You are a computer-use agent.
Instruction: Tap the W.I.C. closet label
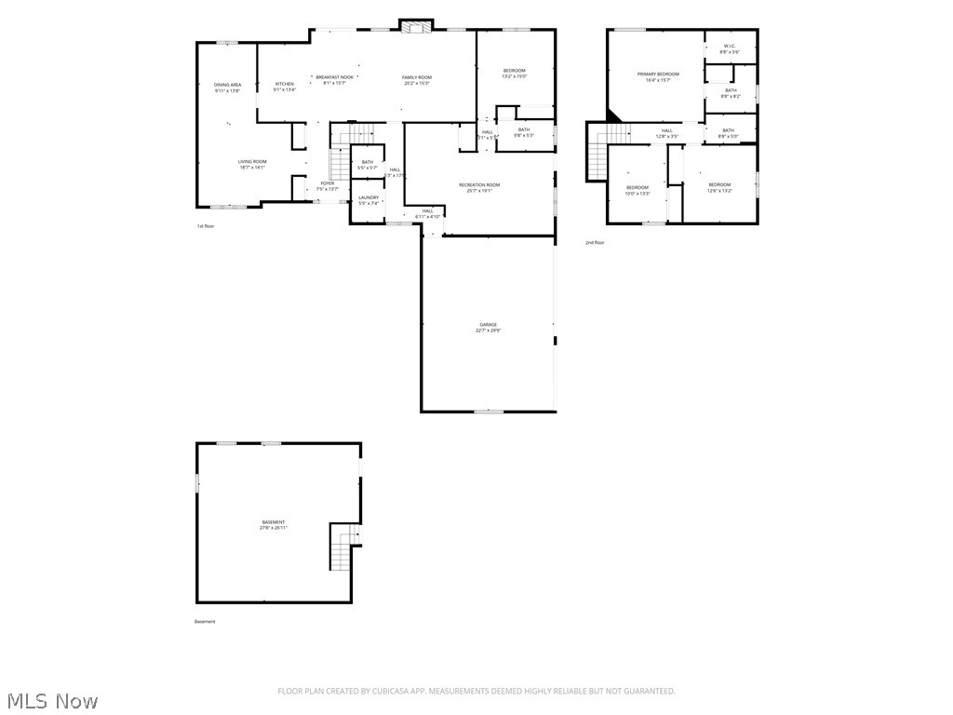pyautogui.click(x=731, y=48)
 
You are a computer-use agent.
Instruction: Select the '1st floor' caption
pyautogui.click(x=205, y=226)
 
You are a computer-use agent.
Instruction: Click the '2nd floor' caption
pyautogui.click(x=595, y=243)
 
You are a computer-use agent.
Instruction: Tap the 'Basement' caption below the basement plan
pyautogui.click(x=205, y=622)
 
